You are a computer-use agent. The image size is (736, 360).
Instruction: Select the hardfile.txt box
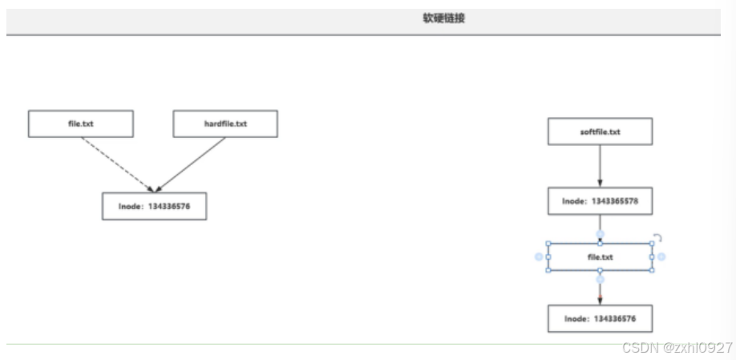pyautogui.click(x=225, y=123)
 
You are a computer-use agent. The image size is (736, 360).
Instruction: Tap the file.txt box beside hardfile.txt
pyautogui.click(x=81, y=123)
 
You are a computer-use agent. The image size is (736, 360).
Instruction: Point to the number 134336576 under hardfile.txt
pyautogui.click(x=168, y=206)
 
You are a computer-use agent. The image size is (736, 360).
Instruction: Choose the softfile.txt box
pyautogui.click(x=600, y=131)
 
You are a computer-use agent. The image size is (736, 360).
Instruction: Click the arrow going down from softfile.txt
pyautogui.click(x=600, y=167)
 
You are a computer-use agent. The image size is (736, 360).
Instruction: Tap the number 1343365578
pyautogui.click(x=614, y=202)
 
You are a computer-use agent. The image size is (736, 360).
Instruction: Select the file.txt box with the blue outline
pyautogui.click(x=600, y=257)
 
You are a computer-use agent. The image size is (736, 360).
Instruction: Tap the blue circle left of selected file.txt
pyautogui.click(x=539, y=257)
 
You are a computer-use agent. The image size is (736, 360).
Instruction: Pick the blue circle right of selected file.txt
pyautogui.click(x=662, y=257)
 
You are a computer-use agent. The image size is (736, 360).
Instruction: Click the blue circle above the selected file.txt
pyautogui.click(x=600, y=235)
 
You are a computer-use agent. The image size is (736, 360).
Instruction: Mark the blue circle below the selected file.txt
pyautogui.click(x=600, y=279)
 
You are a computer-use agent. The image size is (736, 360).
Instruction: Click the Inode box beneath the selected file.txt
pyautogui.click(x=600, y=318)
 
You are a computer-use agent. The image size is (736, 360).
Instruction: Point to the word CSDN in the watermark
pyautogui.click(x=637, y=347)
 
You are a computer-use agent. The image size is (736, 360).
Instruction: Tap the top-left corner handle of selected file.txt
pyautogui.click(x=548, y=244)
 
